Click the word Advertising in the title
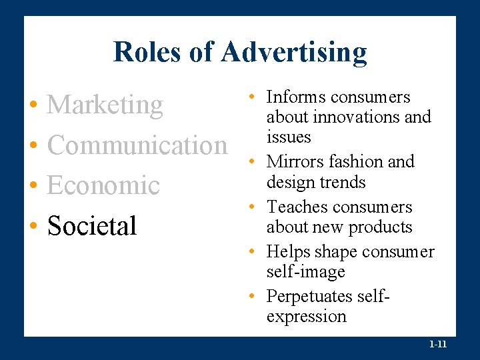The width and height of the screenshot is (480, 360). pos(294,52)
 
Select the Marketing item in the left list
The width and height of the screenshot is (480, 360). pos(105,105)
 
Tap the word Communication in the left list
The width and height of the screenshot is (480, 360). pos(137,145)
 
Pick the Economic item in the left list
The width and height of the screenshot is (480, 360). pos(103,185)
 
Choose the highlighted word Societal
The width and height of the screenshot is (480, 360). pos(92,225)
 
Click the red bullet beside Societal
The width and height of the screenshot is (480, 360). pos(33,227)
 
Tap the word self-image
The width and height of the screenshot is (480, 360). pos(305,272)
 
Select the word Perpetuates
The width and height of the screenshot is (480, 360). pos(307,295)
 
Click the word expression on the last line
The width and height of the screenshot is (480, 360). pos(306,316)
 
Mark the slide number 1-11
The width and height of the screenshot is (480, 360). pos(438,345)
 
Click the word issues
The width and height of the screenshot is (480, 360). pos(288,137)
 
